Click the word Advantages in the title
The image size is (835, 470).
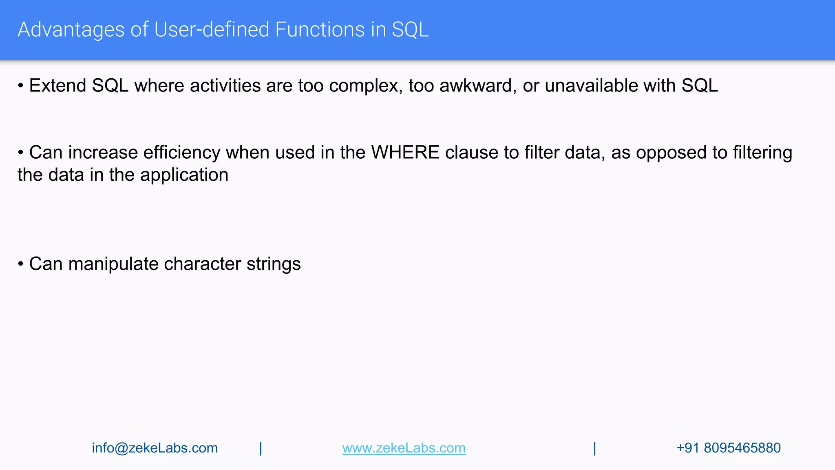(x=71, y=30)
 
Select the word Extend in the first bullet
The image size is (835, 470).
(x=57, y=86)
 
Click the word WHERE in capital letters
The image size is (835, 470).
(x=405, y=153)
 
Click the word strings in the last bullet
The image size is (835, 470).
(x=274, y=264)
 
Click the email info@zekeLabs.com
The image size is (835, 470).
(x=155, y=448)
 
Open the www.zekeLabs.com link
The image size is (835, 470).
(x=404, y=448)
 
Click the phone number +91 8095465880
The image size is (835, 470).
(x=728, y=448)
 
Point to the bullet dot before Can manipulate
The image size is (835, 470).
(x=20, y=264)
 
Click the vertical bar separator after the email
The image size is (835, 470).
(x=261, y=448)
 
